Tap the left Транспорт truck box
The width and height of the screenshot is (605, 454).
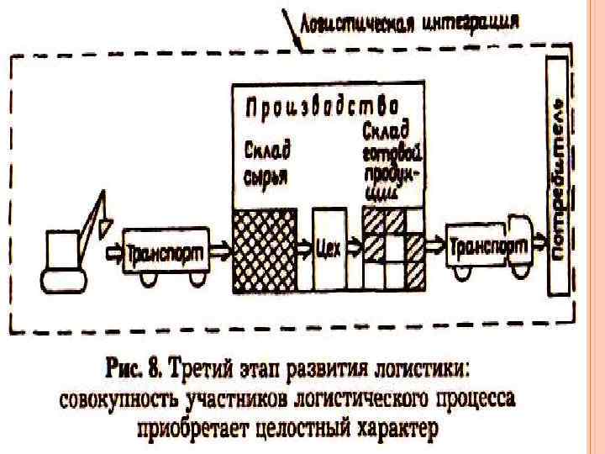pyautogui.click(x=164, y=251)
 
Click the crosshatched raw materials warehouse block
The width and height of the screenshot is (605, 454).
pyautogui.click(x=261, y=250)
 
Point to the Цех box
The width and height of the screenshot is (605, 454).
pyautogui.click(x=329, y=250)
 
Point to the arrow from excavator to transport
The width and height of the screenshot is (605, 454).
pyautogui.click(x=111, y=251)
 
